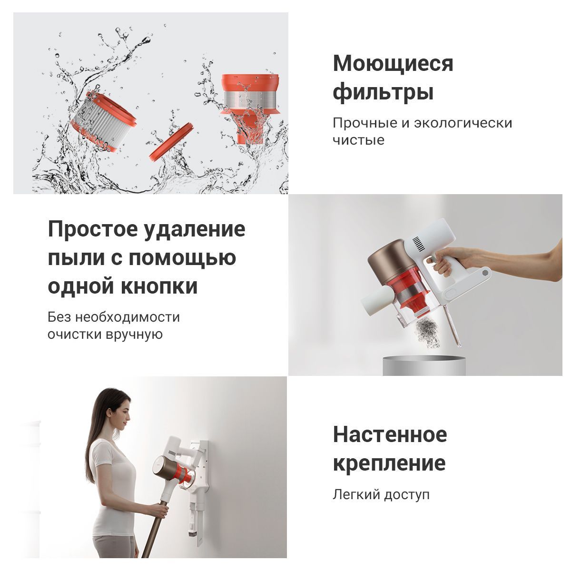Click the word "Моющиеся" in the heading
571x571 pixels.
click(x=393, y=64)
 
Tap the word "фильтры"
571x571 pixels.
click(x=383, y=93)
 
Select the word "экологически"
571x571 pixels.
click(x=463, y=123)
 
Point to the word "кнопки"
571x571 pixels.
click(x=159, y=286)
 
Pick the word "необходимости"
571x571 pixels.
click(x=128, y=317)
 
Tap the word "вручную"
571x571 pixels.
click(x=134, y=335)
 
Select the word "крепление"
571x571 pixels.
click(x=389, y=464)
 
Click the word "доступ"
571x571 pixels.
click(x=406, y=495)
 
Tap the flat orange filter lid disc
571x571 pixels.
click(x=171, y=142)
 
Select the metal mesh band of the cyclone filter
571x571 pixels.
click(x=251, y=100)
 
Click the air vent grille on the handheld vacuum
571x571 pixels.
click(x=419, y=246)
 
